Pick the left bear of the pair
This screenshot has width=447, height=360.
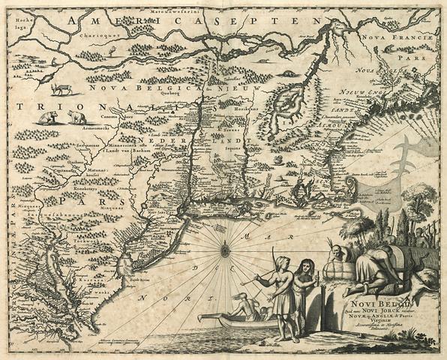pos(48,118)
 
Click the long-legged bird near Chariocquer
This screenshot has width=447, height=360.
pos(112,50)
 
